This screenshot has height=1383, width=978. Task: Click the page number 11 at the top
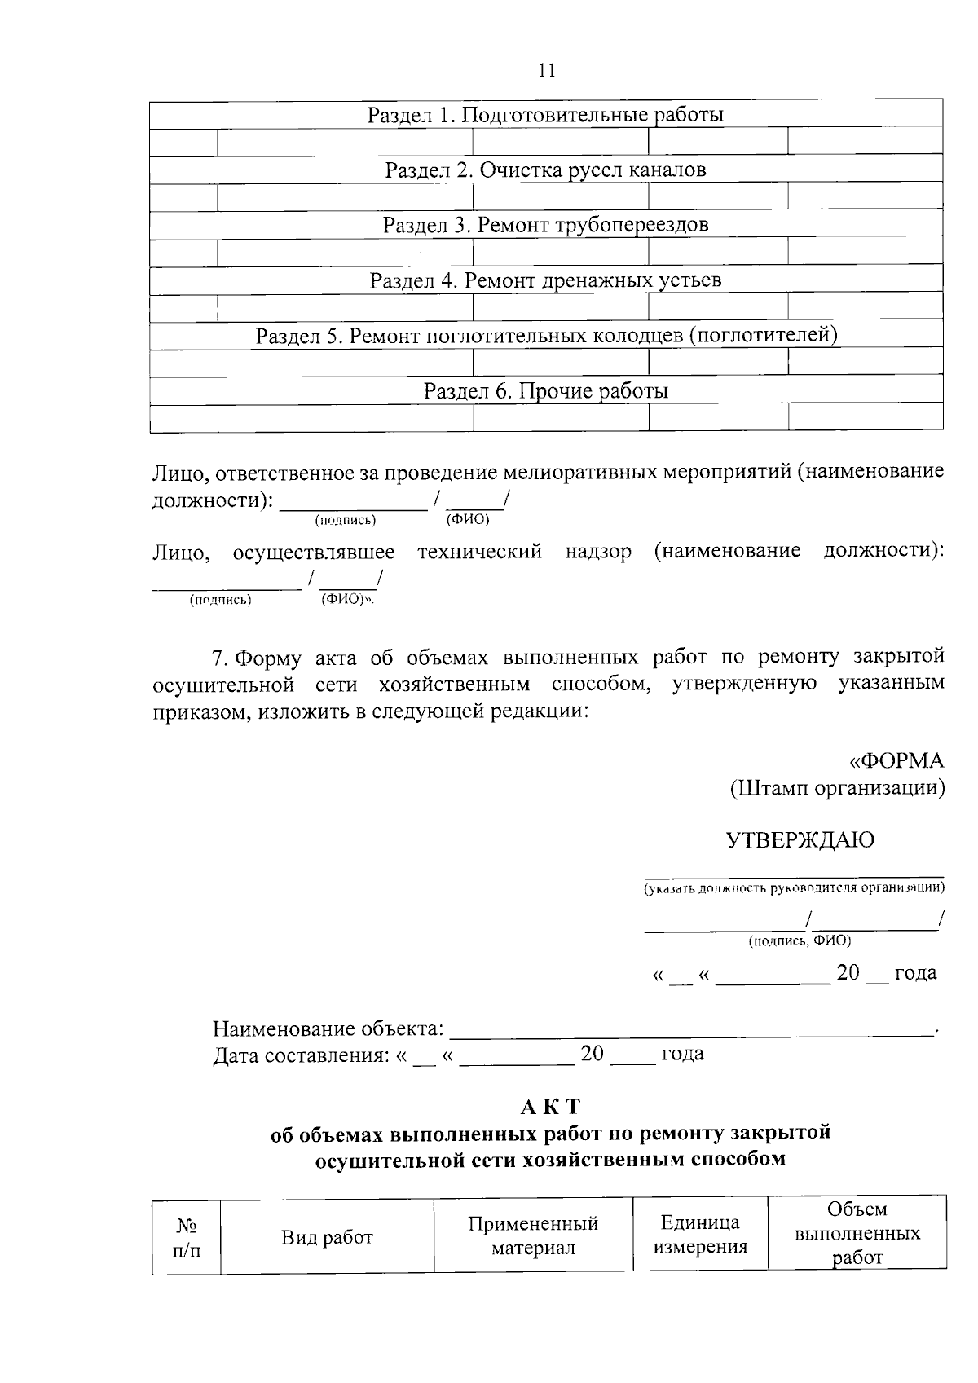pyautogui.click(x=547, y=70)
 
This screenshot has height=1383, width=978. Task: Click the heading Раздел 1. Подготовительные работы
pyautogui.click(x=545, y=115)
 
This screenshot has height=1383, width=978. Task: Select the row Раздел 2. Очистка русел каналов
pyautogui.click(x=545, y=170)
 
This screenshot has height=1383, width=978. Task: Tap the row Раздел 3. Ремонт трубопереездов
pyautogui.click(x=545, y=225)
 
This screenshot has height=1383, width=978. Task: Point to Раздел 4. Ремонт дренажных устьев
pyautogui.click(x=545, y=281)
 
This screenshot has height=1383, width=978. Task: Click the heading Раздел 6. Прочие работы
pyautogui.click(x=545, y=391)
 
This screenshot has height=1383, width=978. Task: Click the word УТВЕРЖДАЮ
pyautogui.click(x=800, y=840)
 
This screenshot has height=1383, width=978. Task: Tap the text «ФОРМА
pyautogui.click(x=896, y=761)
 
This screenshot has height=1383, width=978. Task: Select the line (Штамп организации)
pyautogui.click(x=836, y=788)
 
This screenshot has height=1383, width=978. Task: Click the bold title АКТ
pyautogui.click(x=550, y=1107)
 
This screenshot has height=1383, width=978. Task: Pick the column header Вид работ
pyautogui.click(x=327, y=1238)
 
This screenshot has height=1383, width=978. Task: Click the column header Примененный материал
pyautogui.click(x=533, y=1235)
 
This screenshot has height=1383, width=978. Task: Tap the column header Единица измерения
pyautogui.click(x=700, y=1234)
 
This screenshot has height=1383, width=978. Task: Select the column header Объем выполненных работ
pyautogui.click(x=857, y=1233)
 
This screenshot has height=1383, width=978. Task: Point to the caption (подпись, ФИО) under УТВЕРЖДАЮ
pyautogui.click(x=799, y=940)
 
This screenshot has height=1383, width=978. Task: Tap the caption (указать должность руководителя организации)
pyautogui.click(x=794, y=887)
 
